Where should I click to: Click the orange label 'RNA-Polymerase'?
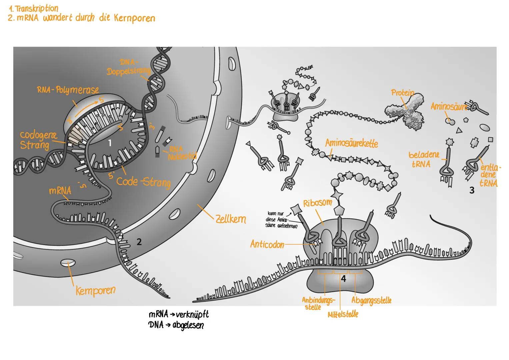click(x=68, y=90)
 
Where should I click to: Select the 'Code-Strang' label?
click(x=143, y=182)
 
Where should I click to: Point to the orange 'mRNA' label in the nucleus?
click(x=60, y=191)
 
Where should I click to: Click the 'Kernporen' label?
click(x=95, y=290)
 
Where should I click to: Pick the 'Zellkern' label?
click(x=231, y=219)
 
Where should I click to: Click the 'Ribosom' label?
click(x=317, y=203)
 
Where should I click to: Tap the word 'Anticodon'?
click(x=267, y=245)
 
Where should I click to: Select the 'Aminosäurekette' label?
click(x=351, y=143)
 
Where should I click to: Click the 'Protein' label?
click(x=402, y=93)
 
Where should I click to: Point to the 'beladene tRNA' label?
click(x=424, y=160)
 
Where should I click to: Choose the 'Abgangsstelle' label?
click(x=371, y=300)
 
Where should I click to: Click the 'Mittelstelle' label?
click(x=343, y=314)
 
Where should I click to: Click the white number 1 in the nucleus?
click(x=110, y=143)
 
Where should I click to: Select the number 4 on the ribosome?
click(x=344, y=279)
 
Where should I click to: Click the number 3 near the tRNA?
click(x=472, y=191)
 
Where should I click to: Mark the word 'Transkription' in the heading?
click(x=37, y=9)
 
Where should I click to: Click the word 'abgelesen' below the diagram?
click(x=188, y=325)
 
